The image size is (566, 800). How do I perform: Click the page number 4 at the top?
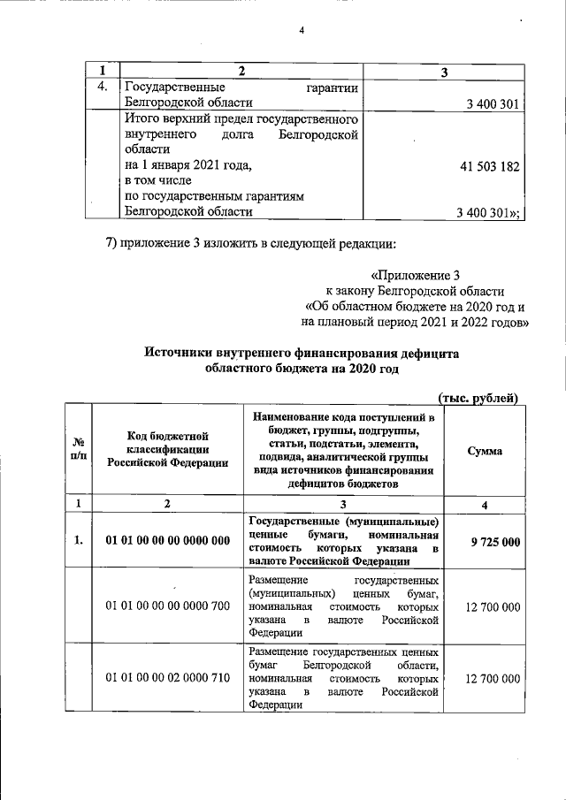(302, 32)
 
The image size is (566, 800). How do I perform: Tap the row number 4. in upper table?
(103, 88)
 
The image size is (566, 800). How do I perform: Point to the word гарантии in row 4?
(331, 88)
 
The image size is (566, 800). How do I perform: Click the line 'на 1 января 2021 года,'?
(188, 165)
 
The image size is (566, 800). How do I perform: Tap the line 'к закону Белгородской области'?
(415, 291)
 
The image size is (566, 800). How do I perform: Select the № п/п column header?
(79, 451)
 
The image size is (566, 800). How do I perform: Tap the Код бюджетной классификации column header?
(167, 449)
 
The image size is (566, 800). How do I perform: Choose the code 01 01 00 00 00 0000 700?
(167, 608)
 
